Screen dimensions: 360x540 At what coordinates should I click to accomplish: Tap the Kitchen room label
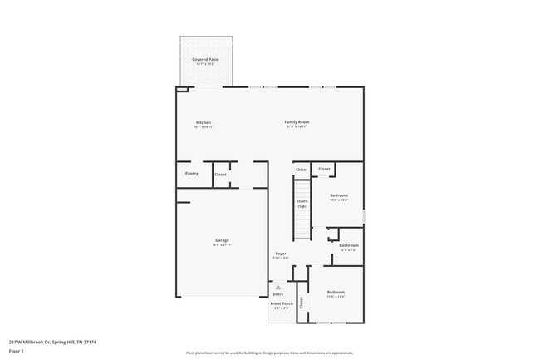tap(203, 122)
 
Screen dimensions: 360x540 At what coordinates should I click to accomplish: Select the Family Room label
tap(297, 122)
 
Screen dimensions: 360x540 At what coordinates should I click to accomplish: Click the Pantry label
tap(191, 174)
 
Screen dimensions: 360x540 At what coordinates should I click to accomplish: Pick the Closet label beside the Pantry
tap(220, 175)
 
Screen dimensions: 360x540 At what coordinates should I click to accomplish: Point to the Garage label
tap(222, 240)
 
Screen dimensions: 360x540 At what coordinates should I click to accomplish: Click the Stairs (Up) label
tap(302, 204)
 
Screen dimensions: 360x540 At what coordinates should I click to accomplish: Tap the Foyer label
tap(281, 254)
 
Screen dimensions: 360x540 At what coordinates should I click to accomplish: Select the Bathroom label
tap(349, 245)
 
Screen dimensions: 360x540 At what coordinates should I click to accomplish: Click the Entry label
tap(278, 294)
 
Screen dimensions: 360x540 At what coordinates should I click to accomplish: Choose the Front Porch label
tap(281, 304)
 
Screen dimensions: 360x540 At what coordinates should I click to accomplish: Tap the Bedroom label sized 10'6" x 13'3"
tap(338, 195)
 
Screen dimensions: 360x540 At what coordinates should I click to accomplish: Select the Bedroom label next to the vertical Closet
tap(336, 293)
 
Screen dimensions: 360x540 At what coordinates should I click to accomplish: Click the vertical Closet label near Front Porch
tap(302, 304)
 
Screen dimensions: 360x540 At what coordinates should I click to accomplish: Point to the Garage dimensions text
tap(222, 245)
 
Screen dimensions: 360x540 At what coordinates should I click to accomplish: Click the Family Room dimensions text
tap(297, 127)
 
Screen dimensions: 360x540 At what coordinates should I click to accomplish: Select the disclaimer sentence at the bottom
tap(269, 353)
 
